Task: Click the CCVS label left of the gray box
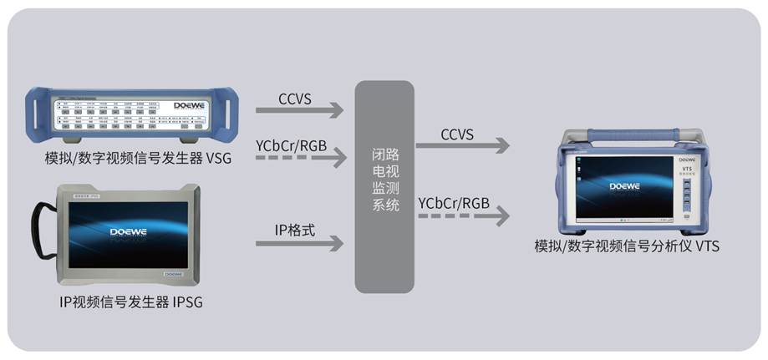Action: coord(295,99)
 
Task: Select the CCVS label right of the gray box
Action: coord(457,135)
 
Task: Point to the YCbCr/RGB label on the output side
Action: coord(454,203)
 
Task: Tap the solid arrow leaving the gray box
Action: coord(461,146)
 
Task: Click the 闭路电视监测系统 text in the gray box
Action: coord(384,180)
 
